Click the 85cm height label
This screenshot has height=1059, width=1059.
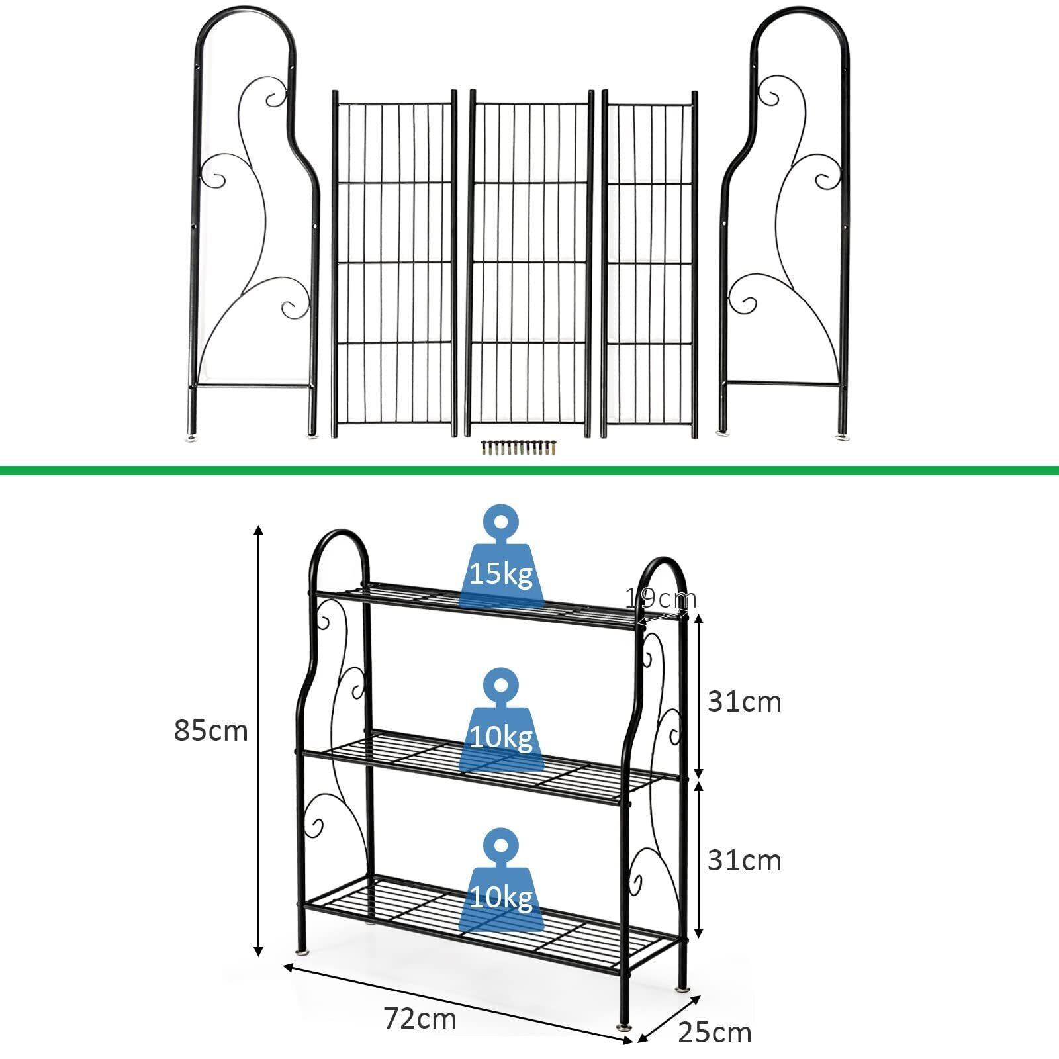[210, 731]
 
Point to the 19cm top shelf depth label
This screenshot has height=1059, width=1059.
[661, 599]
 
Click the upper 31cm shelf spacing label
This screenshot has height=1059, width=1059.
[744, 702]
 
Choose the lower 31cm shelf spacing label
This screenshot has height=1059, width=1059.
[744, 860]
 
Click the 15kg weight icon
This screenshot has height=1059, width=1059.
[501, 561]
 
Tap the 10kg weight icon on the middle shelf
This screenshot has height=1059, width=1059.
[501, 723]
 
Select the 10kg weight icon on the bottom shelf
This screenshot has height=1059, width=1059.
[501, 884]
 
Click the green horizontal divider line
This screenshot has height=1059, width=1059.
[529, 471]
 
